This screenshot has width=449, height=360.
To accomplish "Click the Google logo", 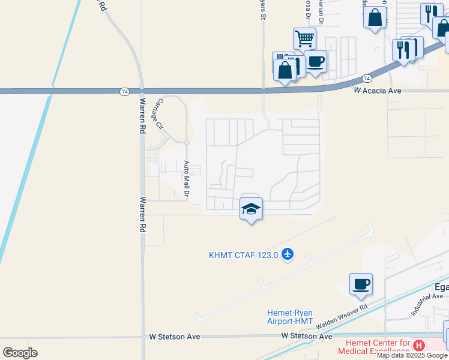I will [x=20, y=352].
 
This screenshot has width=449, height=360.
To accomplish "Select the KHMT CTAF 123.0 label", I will [x=244, y=255].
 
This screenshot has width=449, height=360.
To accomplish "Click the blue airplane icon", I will [x=288, y=254].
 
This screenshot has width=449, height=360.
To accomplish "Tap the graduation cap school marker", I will [x=252, y=209].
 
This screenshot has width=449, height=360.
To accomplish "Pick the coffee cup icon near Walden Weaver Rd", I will [x=361, y=284].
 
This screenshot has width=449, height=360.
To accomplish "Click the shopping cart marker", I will [x=305, y=39].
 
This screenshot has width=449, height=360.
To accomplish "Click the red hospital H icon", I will [x=420, y=346].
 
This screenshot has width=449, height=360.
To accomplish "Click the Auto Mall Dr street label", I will [x=187, y=179].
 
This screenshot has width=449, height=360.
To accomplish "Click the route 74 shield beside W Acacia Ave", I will [x=366, y=79].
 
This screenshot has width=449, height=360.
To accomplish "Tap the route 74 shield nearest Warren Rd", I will [x=124, y=91].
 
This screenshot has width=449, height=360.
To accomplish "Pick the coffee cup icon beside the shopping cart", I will [x=316, y=61].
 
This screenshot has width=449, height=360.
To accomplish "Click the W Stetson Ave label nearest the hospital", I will [x=307, y=337].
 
